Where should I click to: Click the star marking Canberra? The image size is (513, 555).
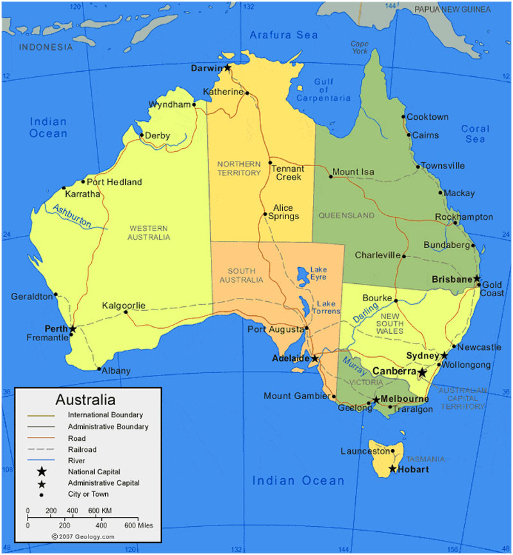tap(422, 372)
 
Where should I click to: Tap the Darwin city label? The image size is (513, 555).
tap(206, 67)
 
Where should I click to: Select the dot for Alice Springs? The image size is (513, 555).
tap(265, 214)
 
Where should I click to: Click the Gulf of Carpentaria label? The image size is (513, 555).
tap(323, 90)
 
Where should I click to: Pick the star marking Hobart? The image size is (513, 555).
tap(392, 470)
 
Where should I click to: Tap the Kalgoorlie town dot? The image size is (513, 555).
tap(126, 312)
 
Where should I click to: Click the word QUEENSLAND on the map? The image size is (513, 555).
tap(346, 216)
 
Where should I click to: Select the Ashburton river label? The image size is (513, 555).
tap(72, 217)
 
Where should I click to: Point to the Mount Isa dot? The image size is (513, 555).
tap(331, 176)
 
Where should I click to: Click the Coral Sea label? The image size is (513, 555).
tap(475, 134)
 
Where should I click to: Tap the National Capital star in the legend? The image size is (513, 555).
tap(41, 471)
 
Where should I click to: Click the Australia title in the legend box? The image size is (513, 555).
tap(85, 400)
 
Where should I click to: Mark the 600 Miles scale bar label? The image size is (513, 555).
tap(140, 526)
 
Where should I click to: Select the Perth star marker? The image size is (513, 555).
tap(72, 329)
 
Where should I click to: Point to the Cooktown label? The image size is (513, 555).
tap(428, 117)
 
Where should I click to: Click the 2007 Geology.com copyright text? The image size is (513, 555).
tap(83, 536)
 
